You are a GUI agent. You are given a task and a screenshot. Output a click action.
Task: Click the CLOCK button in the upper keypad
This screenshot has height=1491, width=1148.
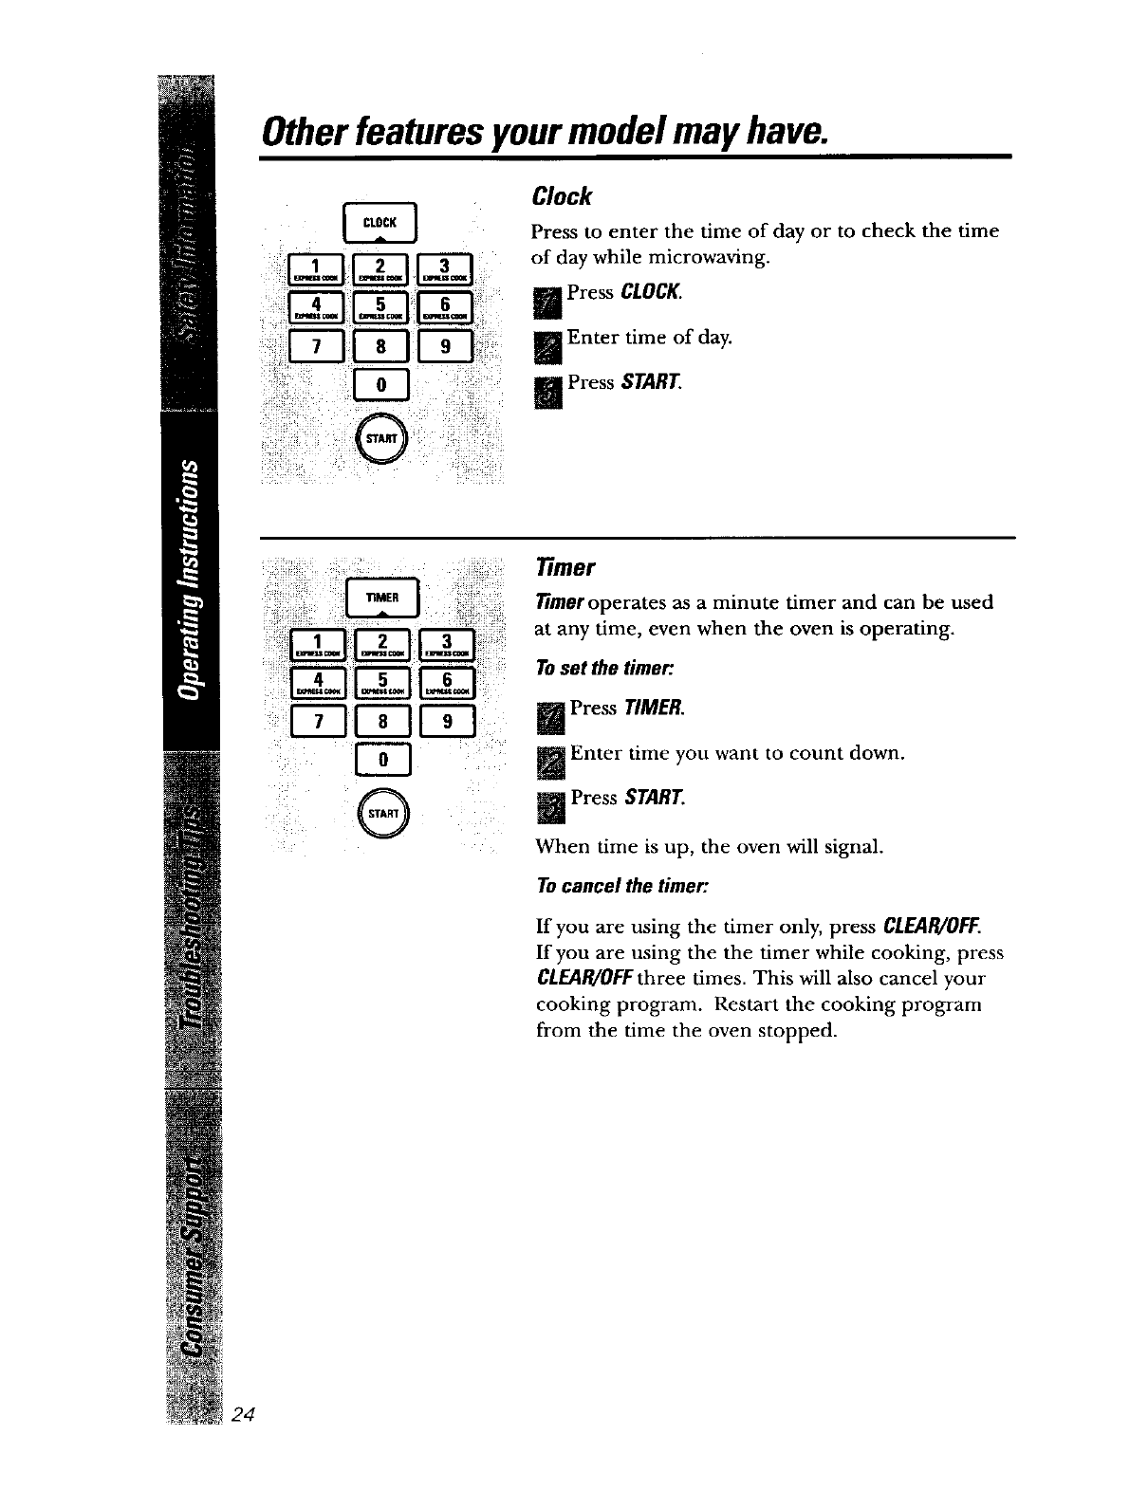380,224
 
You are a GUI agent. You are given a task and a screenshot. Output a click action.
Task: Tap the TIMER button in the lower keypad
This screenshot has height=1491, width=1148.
380,598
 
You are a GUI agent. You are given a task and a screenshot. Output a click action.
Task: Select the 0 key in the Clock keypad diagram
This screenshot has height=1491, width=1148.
380,385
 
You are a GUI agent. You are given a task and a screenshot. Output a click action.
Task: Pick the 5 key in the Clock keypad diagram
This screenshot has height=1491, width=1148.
380,305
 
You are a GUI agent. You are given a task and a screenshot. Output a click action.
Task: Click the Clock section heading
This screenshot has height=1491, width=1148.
562,196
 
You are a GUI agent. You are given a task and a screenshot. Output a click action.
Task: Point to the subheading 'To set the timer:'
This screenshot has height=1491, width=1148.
603,667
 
